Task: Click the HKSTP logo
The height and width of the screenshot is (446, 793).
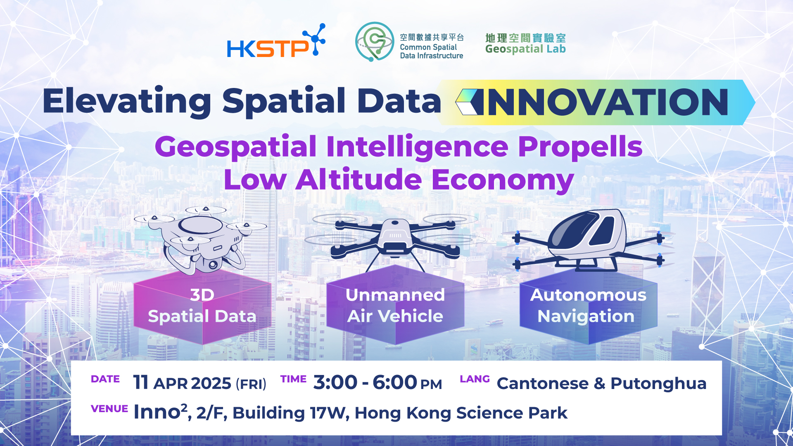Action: [275, 43]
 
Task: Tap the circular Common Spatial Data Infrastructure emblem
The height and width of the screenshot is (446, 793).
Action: [374, 41]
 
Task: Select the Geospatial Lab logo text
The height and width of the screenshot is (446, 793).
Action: [525, 44]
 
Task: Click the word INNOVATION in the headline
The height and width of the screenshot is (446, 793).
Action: [608, 102]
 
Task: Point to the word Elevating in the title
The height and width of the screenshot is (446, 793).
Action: [127, 101]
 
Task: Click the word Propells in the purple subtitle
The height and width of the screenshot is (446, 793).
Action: [580, 147]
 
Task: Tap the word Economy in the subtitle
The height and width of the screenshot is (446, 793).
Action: [502, 180]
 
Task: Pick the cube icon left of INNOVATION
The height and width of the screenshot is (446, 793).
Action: [469, 102]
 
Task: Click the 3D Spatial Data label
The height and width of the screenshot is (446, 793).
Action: [202, 306]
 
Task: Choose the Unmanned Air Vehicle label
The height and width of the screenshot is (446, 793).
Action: [395, 306]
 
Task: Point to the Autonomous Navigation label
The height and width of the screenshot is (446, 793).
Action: [588, 306]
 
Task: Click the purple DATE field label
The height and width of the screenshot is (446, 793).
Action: [105, 379]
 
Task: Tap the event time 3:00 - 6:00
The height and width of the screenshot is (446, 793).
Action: [365, 382]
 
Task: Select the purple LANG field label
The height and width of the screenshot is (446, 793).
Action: [475, 379]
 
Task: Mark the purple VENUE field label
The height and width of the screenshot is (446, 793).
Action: [109, 409]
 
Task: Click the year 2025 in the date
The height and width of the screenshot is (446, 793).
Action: [211, 384]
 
